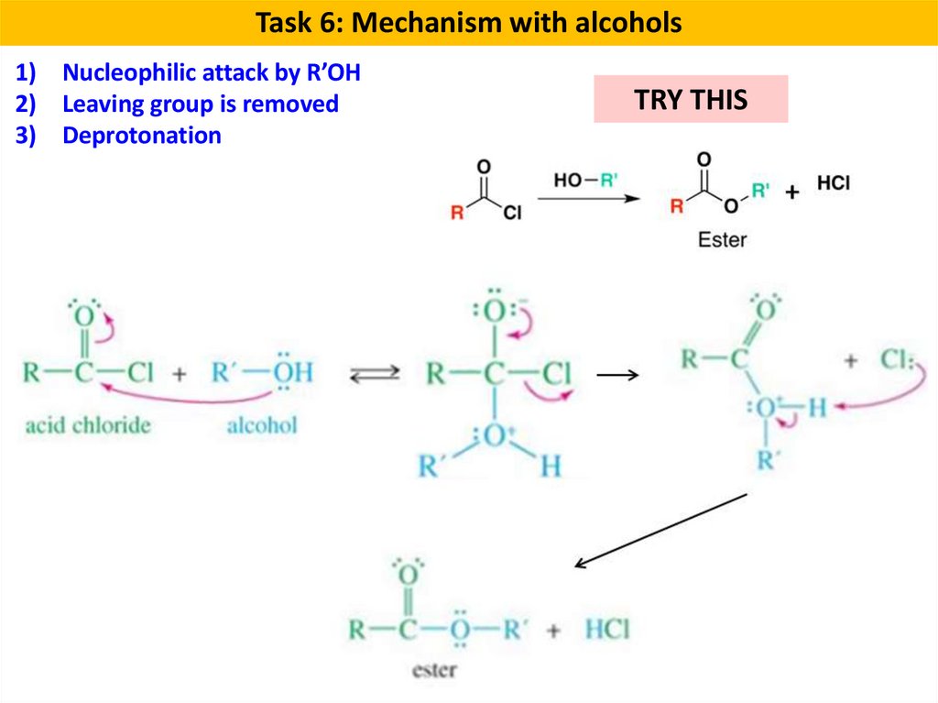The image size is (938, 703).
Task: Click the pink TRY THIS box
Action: [691, 99]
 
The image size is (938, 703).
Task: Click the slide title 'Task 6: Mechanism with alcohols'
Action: [468, 22]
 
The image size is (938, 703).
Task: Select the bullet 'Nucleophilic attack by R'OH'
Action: [211, 73]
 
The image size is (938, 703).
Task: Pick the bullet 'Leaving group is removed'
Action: [200, 104]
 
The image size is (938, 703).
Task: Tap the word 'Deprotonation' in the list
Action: [142, 136]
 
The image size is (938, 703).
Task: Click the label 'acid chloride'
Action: [88, 425]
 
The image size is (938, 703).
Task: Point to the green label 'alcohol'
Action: [262, 425]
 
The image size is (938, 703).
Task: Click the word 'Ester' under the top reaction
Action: [723, 240]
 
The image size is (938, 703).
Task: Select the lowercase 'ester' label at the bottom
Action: [434, 670]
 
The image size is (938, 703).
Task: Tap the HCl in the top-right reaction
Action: [833, 183]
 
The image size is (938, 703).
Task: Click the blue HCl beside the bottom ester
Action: [606, 630]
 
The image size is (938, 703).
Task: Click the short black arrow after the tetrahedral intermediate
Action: [616, 375]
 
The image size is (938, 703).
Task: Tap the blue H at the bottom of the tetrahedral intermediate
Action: [550, 467]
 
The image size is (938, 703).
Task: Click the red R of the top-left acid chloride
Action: [457, 214]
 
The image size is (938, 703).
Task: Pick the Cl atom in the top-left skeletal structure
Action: [512, 214]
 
